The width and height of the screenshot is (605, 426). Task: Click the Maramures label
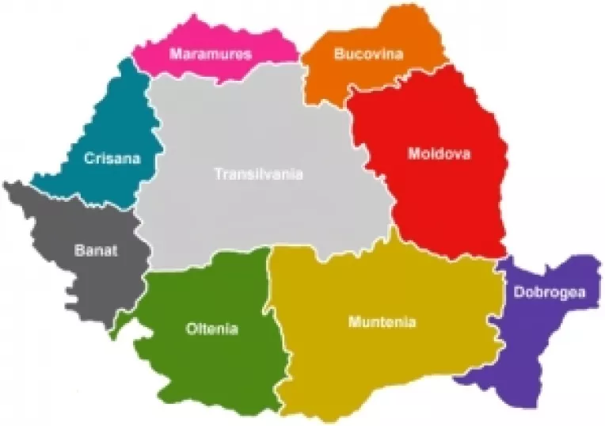[211, 55]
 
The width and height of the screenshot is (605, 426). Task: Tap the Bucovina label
[368, 55]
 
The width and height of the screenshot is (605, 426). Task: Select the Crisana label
[112, 158]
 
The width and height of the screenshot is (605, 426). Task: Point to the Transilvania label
[258, 174]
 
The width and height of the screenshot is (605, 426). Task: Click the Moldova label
[439, 154]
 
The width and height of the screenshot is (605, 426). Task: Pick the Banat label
[96, 251]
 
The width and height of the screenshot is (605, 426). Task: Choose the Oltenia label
[211, 329]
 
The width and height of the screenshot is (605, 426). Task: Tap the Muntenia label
[382, 322]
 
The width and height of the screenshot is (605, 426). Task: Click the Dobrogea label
[549, 291]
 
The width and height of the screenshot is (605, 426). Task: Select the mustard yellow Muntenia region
[380, 364]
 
